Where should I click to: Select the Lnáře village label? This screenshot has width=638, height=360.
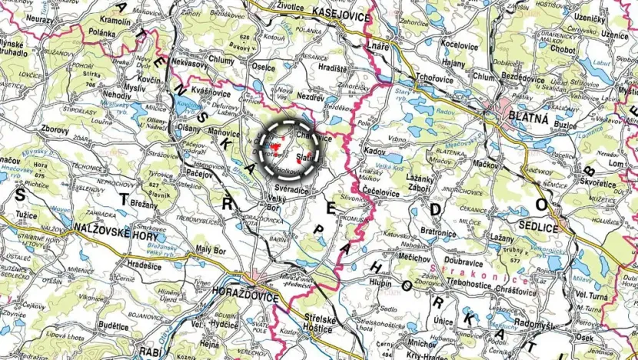click(x=379, y=48)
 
